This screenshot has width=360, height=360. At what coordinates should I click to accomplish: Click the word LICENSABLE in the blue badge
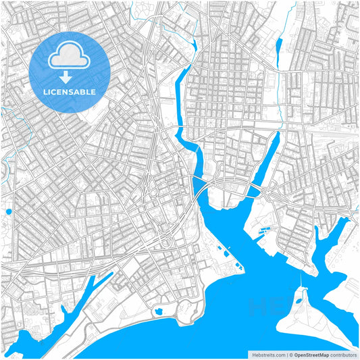point(70,91)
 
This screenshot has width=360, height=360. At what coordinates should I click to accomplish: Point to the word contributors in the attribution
point(343,354)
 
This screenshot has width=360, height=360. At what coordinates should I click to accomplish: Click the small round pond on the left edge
point(9,212)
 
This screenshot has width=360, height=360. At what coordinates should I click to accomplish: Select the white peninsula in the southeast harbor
point(307,324)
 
